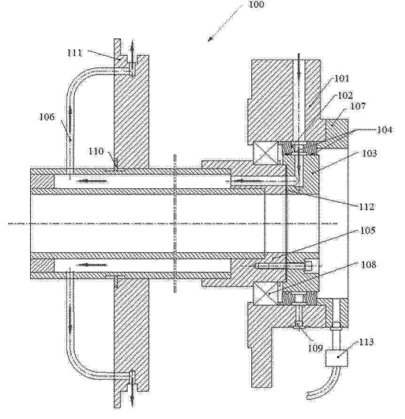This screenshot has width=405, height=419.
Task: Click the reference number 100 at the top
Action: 256,4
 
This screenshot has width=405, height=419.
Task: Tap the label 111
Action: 75,53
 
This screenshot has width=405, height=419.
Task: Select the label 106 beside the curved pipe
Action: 47,117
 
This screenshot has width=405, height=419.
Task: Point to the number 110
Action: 96,151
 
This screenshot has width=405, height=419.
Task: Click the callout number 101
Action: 342,78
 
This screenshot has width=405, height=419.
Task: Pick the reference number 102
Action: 345,95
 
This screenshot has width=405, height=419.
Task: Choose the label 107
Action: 358,106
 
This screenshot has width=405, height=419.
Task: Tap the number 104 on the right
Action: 384,130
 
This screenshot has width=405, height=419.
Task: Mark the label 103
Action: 369,153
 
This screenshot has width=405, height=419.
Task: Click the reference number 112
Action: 366,206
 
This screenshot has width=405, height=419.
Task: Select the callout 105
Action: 367,230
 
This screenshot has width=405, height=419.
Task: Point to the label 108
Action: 368,265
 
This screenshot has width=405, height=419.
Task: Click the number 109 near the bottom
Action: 315,348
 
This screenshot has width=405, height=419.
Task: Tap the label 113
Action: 366,342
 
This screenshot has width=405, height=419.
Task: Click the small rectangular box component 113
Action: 337,358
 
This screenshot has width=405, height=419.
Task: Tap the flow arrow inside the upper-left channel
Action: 92,181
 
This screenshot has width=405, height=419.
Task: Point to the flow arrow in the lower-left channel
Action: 92,265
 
